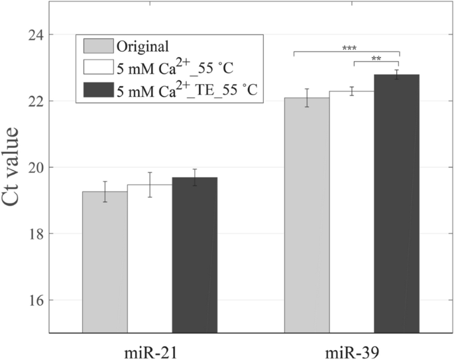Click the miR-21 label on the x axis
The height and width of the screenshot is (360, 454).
click(150, 349)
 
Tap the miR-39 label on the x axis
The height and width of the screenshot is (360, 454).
click(352, 349)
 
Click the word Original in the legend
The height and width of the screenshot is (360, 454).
click(142, 46)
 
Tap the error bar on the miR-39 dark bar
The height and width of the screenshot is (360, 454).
click(397, 74)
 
